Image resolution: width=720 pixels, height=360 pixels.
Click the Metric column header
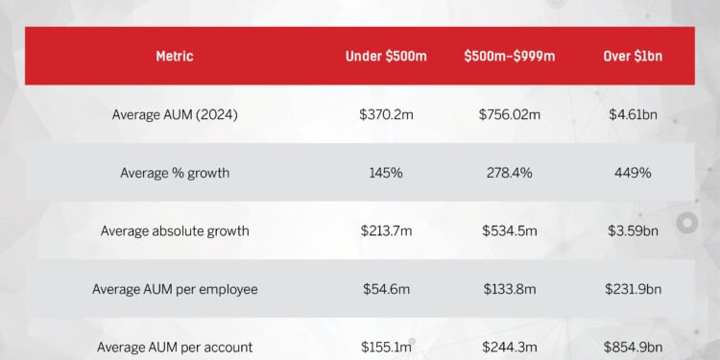point(174,57)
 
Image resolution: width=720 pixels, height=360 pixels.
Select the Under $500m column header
point(385,57)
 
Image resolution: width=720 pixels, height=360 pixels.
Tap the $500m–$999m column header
point(509,57)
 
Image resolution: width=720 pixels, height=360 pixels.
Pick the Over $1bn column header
point(633,57)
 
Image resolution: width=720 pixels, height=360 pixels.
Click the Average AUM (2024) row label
point(175,115)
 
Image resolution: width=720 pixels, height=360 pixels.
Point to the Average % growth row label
point(175,173)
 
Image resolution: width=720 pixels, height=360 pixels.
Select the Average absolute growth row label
point(175,230)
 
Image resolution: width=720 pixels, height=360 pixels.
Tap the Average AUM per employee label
point(175,289)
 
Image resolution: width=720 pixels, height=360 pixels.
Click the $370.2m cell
point(385,115)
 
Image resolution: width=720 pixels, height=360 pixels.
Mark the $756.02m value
point(510,115)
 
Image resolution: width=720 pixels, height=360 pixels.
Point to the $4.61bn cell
point(633,115)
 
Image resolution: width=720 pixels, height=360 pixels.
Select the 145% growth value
point(385,173)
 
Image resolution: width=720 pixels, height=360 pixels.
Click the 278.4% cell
point(510,173)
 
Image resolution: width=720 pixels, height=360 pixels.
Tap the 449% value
point(633,173)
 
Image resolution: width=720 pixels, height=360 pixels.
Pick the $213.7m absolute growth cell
point(385,230)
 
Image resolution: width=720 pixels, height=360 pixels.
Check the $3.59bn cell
point(633,230)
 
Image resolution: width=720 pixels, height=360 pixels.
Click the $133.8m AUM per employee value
point(510,289)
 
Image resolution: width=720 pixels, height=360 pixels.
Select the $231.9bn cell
point(633,289)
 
